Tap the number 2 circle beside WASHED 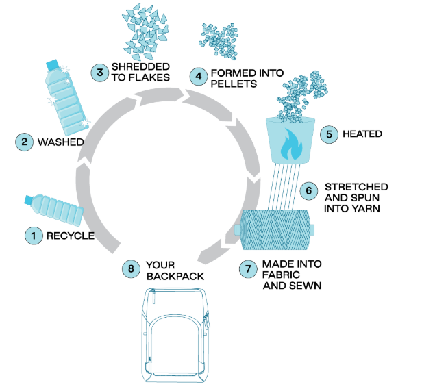coord(25,142)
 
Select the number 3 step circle coord(100,71)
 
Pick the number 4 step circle coord(199,76)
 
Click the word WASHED coord(61,142)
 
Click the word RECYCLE coord(69,237)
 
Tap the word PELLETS coord(234,84)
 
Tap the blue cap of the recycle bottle coord(29,200)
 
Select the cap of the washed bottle coord(52,64)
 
